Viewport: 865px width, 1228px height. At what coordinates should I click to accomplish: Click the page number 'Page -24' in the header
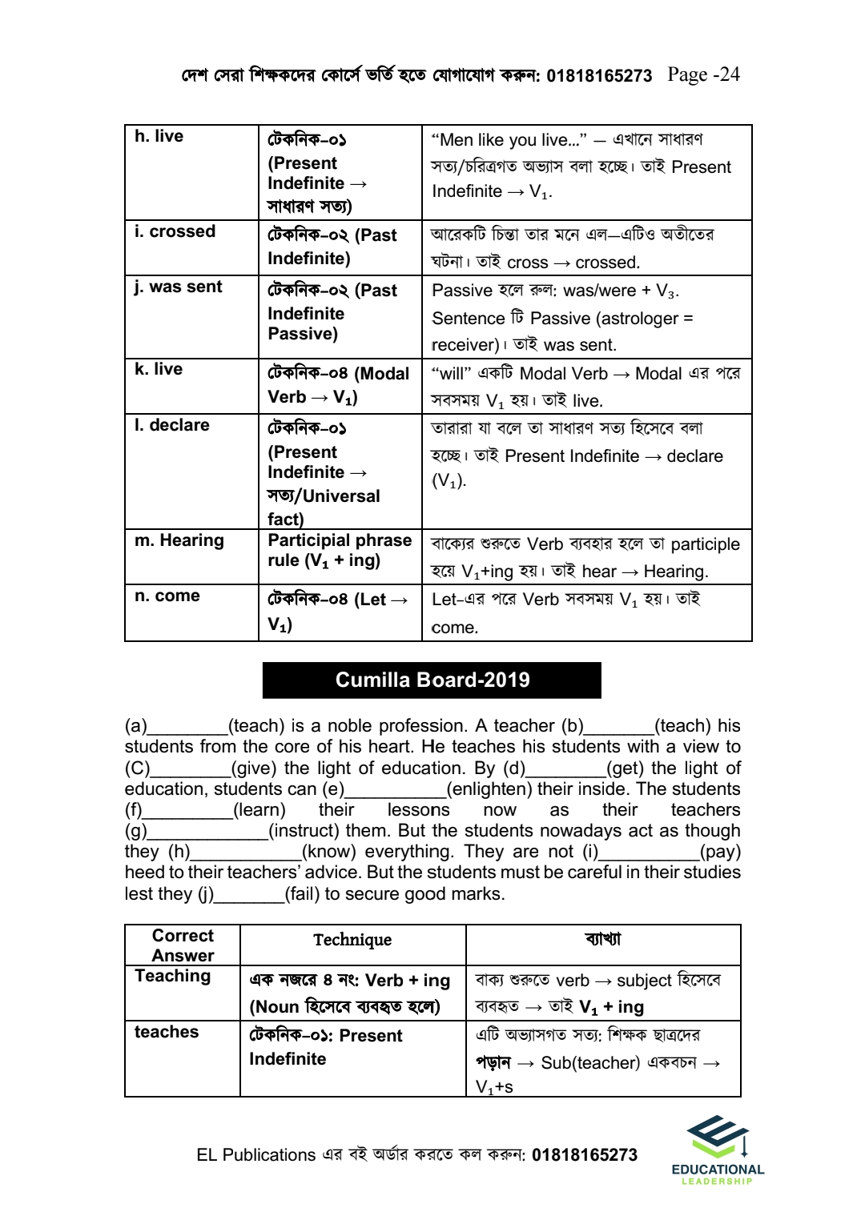[x=703, y=74]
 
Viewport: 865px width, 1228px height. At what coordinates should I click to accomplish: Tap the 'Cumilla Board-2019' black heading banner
[x=432, y=680]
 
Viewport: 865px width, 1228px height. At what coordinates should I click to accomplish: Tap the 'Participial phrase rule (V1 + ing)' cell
[x=340, y=551]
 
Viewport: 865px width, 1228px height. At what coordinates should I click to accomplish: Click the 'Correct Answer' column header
[x=183, y=945]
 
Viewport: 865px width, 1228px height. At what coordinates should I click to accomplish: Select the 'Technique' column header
[x=352, y=940]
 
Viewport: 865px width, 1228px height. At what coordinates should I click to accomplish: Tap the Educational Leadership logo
[x=718, y=1149]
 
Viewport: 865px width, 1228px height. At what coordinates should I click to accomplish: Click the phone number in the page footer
[x=585, y=1155]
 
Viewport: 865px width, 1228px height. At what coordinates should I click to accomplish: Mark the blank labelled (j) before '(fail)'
[x=250, y=895]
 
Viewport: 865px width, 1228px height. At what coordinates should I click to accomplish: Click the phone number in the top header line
[x=599, y=76]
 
